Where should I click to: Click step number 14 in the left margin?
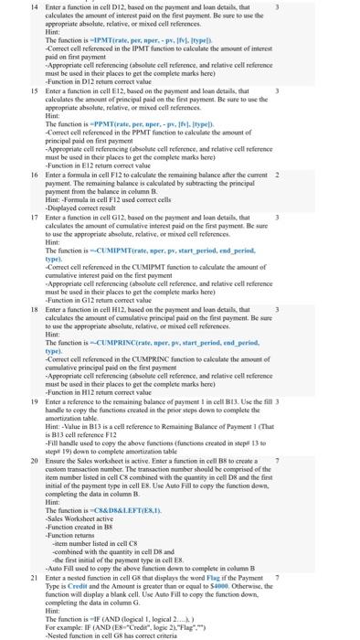[8, 6]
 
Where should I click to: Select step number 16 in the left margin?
[8, 174]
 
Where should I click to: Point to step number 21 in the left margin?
[8, 566]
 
